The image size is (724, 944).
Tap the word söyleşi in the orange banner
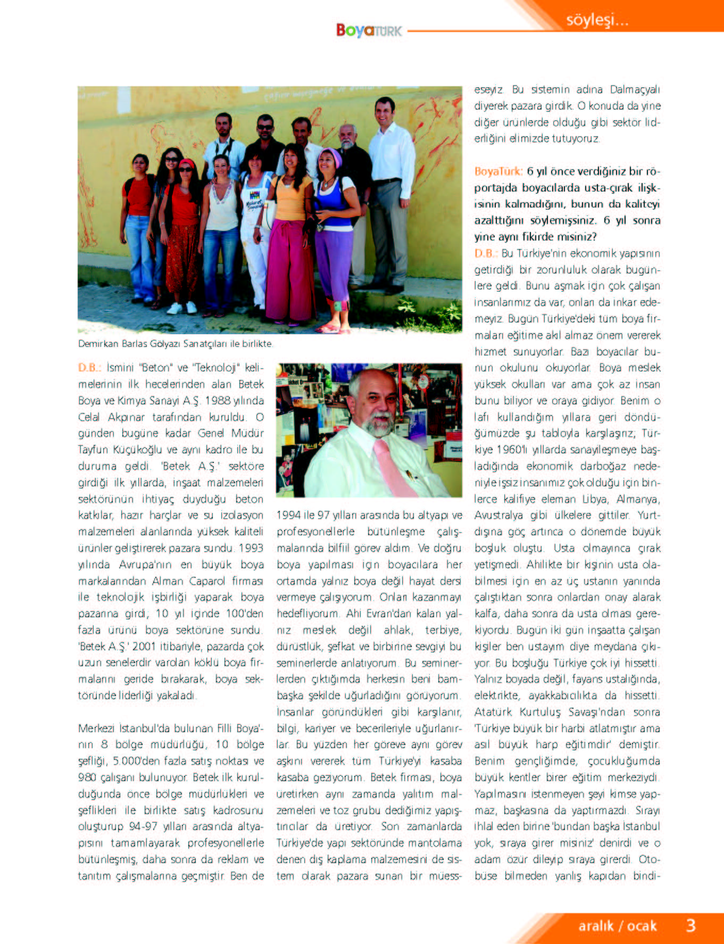click(597, 20)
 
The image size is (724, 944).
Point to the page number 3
click(690, 925)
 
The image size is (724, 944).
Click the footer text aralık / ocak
click(618, 926)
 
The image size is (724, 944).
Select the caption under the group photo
click(176, 344)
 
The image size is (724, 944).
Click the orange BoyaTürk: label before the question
click(498, 171)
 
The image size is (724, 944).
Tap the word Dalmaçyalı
click(635, 89)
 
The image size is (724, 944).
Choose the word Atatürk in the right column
click(493, 712)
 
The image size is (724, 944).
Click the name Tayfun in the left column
click(94, 450)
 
